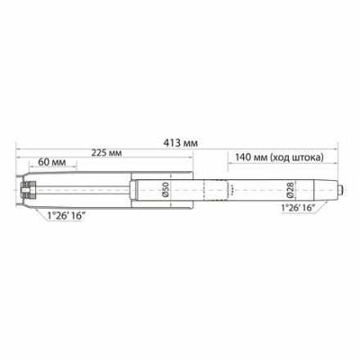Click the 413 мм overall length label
(180, 143)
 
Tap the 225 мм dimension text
(106, 153)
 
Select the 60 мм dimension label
(52, 162)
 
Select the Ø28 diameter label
(290, 190)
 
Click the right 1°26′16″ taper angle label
(298, 208)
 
